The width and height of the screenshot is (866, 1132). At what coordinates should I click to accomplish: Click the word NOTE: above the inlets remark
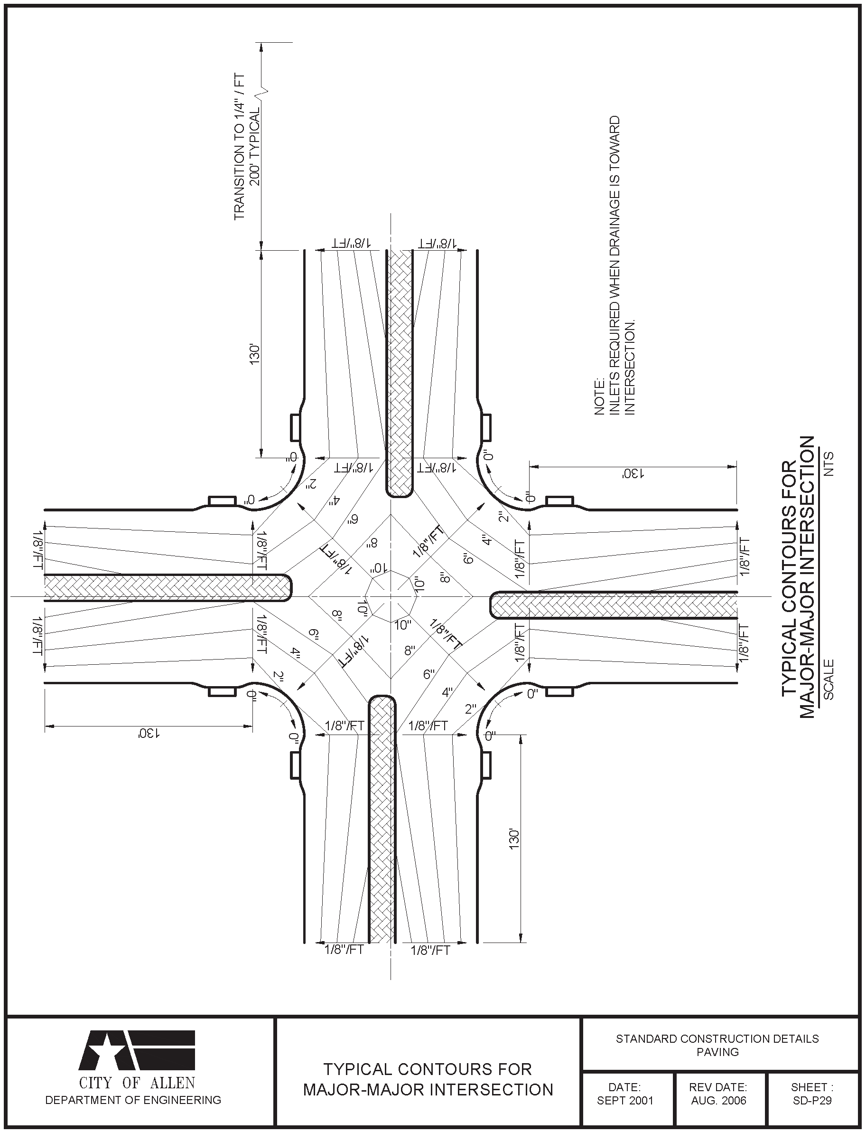[599, 396]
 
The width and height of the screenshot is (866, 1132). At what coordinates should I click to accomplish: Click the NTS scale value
[829, 463]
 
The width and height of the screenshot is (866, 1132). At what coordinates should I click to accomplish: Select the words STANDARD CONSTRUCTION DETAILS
[717, 1038]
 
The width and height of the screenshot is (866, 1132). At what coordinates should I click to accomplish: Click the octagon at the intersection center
[391, 597]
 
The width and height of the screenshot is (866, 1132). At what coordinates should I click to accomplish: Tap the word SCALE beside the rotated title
[829, 679]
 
